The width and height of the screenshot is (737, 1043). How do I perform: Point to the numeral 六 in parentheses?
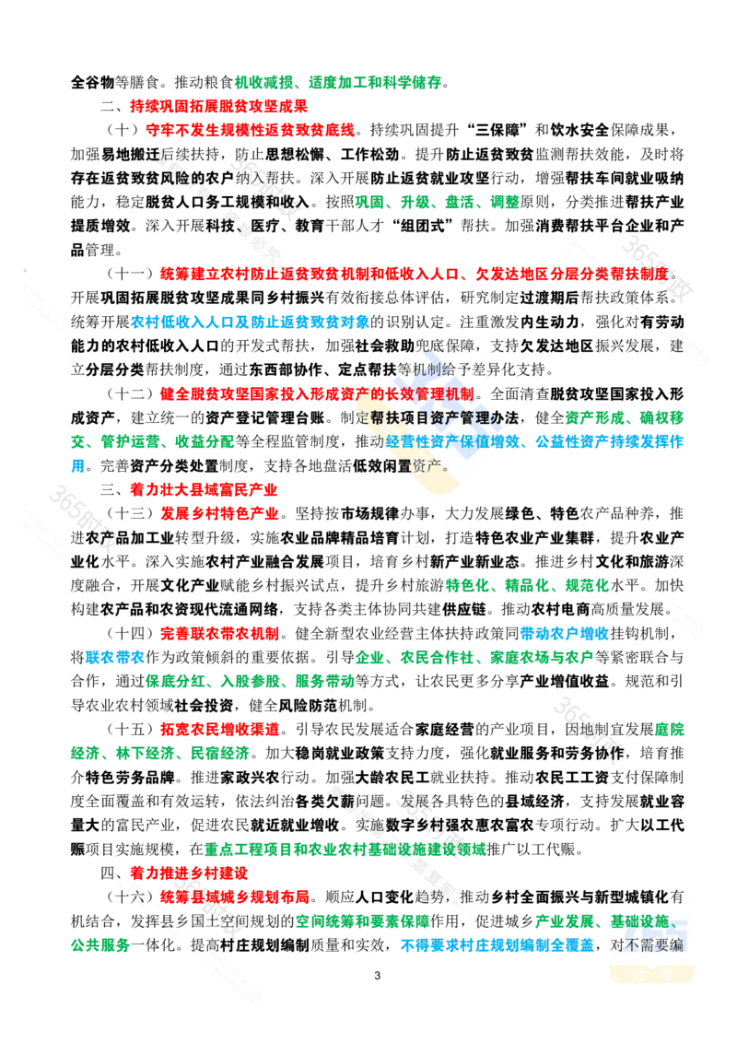point(135,896)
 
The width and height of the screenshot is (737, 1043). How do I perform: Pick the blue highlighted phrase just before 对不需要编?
point(497,943)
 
